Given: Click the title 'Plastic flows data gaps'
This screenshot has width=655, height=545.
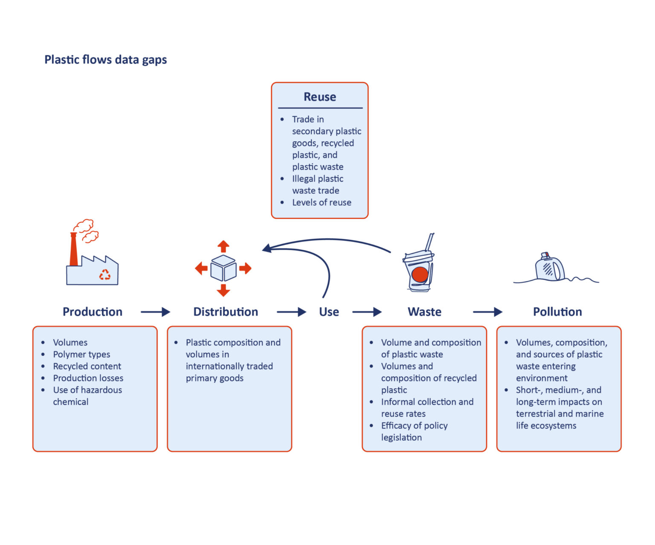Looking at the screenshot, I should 105,60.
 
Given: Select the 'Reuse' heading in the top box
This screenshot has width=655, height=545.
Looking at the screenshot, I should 319,97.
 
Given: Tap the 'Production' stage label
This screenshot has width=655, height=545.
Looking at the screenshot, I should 93,312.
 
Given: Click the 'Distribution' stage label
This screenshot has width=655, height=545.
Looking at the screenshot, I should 226,312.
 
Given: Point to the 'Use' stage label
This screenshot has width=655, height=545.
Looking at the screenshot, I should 329,312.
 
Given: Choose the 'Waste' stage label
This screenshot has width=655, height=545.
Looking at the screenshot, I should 424,312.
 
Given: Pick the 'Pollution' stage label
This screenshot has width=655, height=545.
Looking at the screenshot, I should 557,312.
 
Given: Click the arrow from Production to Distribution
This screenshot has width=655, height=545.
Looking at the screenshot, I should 155,312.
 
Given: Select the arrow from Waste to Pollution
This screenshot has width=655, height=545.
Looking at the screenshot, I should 487,312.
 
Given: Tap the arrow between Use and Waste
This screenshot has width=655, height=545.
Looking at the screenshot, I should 367,312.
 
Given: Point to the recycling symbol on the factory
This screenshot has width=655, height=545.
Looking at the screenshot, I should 104,275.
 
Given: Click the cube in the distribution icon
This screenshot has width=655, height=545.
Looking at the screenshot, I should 223,268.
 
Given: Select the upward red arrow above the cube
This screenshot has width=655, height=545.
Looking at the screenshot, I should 223,246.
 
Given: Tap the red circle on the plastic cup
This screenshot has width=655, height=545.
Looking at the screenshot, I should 420,274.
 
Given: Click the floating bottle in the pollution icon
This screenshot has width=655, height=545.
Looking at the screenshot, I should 549,268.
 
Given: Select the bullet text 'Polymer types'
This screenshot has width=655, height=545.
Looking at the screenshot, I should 81,355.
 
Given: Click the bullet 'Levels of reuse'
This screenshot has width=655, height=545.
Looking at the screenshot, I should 322,203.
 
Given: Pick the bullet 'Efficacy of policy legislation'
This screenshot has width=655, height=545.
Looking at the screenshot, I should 414,431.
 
